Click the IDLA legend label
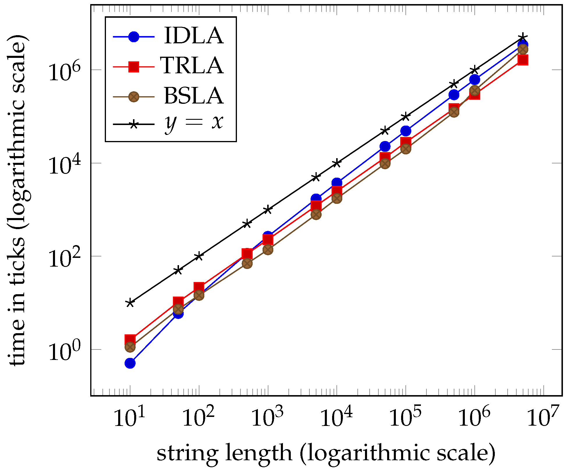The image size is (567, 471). pos(194,36)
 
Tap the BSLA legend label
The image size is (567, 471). pos(194,96)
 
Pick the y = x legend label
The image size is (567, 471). pos(194,122)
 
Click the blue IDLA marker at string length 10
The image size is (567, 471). pos(130,363)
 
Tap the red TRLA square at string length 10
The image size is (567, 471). pos(130,340)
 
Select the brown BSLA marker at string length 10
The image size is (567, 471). pos(130,347)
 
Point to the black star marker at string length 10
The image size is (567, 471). pos(130,303)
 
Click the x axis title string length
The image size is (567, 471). pos(326,454)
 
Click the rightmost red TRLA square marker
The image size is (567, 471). pos(523,60)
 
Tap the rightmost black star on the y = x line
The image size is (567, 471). pos(523,37)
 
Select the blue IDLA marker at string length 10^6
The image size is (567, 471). pos(475,79)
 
